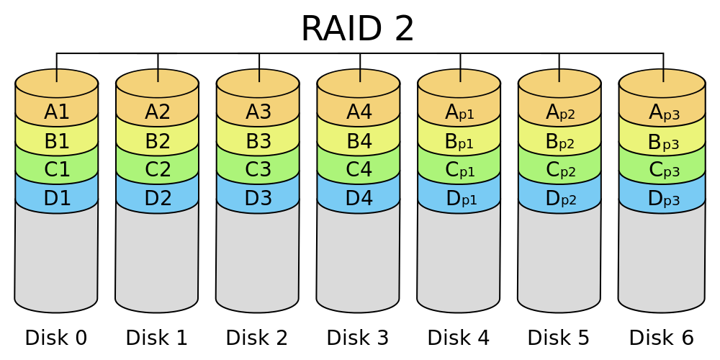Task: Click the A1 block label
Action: [57, 112]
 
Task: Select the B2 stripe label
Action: [158, 142]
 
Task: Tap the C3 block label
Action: [258, 170]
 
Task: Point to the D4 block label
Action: [359, 199]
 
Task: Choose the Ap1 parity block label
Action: [459, 113]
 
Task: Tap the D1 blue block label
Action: [57, 199]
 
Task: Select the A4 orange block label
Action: [359, 112]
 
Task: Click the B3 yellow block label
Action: [258, 142]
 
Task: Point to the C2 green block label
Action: [158, 170]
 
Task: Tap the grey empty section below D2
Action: [157, 259]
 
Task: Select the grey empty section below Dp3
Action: [660, 259]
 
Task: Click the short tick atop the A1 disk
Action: [57, 76]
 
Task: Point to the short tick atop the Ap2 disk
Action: [560, 76]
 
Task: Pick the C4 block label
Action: [359, 170]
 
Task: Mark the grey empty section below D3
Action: [258, 259]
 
